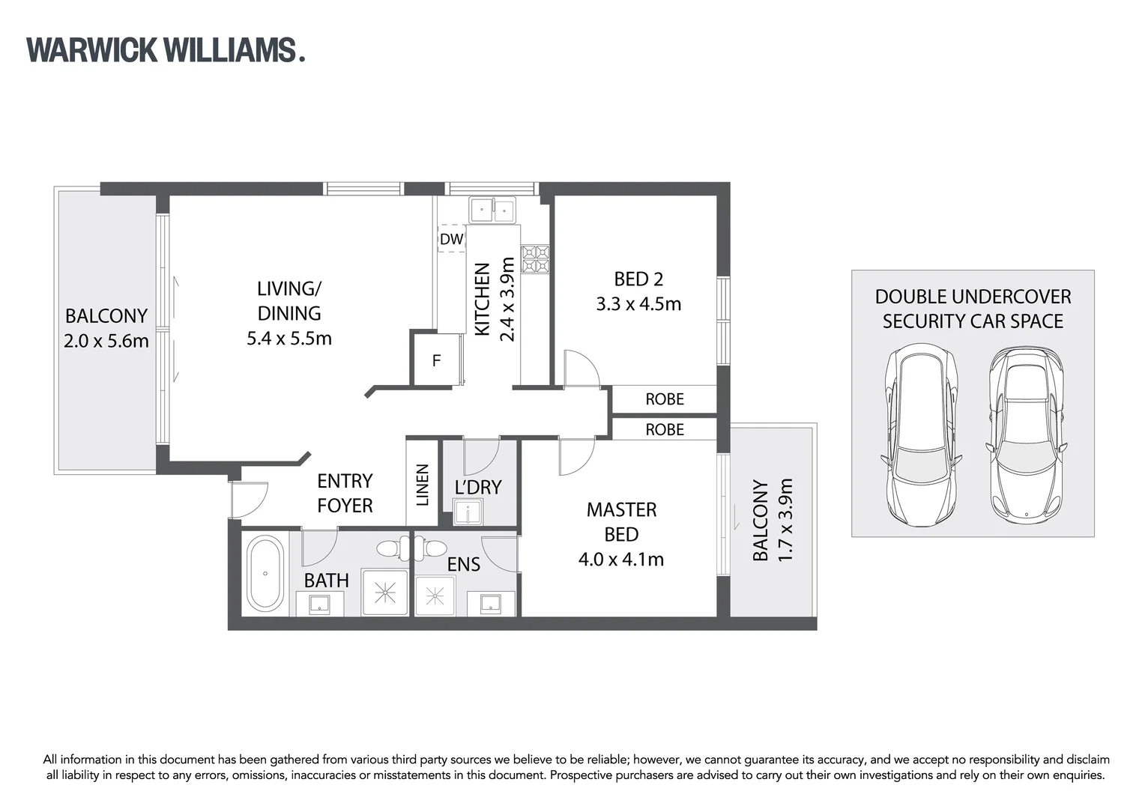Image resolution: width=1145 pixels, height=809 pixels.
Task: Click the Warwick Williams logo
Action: click(166, 49)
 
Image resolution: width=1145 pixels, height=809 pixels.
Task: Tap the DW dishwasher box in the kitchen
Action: click(451, 239)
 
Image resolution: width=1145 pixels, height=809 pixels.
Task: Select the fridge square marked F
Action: click(436, 361)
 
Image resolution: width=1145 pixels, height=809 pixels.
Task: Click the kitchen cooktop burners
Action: click(536, 259)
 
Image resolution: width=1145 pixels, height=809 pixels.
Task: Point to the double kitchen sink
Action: click(493, 210)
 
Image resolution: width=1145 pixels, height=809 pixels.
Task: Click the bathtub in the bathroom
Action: click(265, 573)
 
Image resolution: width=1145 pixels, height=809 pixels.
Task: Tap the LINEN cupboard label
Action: click(422, 485)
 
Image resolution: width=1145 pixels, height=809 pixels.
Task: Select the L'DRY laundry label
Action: click(477, 487)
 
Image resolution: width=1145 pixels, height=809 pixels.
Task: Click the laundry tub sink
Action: click(469, 513)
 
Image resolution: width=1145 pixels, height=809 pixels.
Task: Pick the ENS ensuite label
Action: click(463, 564)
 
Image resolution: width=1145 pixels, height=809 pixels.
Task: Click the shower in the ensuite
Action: click(435, 596)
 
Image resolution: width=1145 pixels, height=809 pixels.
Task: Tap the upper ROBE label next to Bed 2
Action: click(665, 399)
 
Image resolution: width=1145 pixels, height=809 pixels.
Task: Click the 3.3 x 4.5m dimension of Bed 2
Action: click(638, 304)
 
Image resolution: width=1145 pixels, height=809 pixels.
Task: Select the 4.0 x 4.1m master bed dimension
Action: click(620, 559)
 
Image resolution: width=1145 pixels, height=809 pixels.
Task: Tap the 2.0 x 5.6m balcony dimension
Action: click(106, 341)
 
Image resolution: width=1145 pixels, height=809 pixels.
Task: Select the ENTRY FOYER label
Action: click(345, 493)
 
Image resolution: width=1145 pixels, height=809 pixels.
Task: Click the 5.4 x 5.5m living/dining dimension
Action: click(289, 339)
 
